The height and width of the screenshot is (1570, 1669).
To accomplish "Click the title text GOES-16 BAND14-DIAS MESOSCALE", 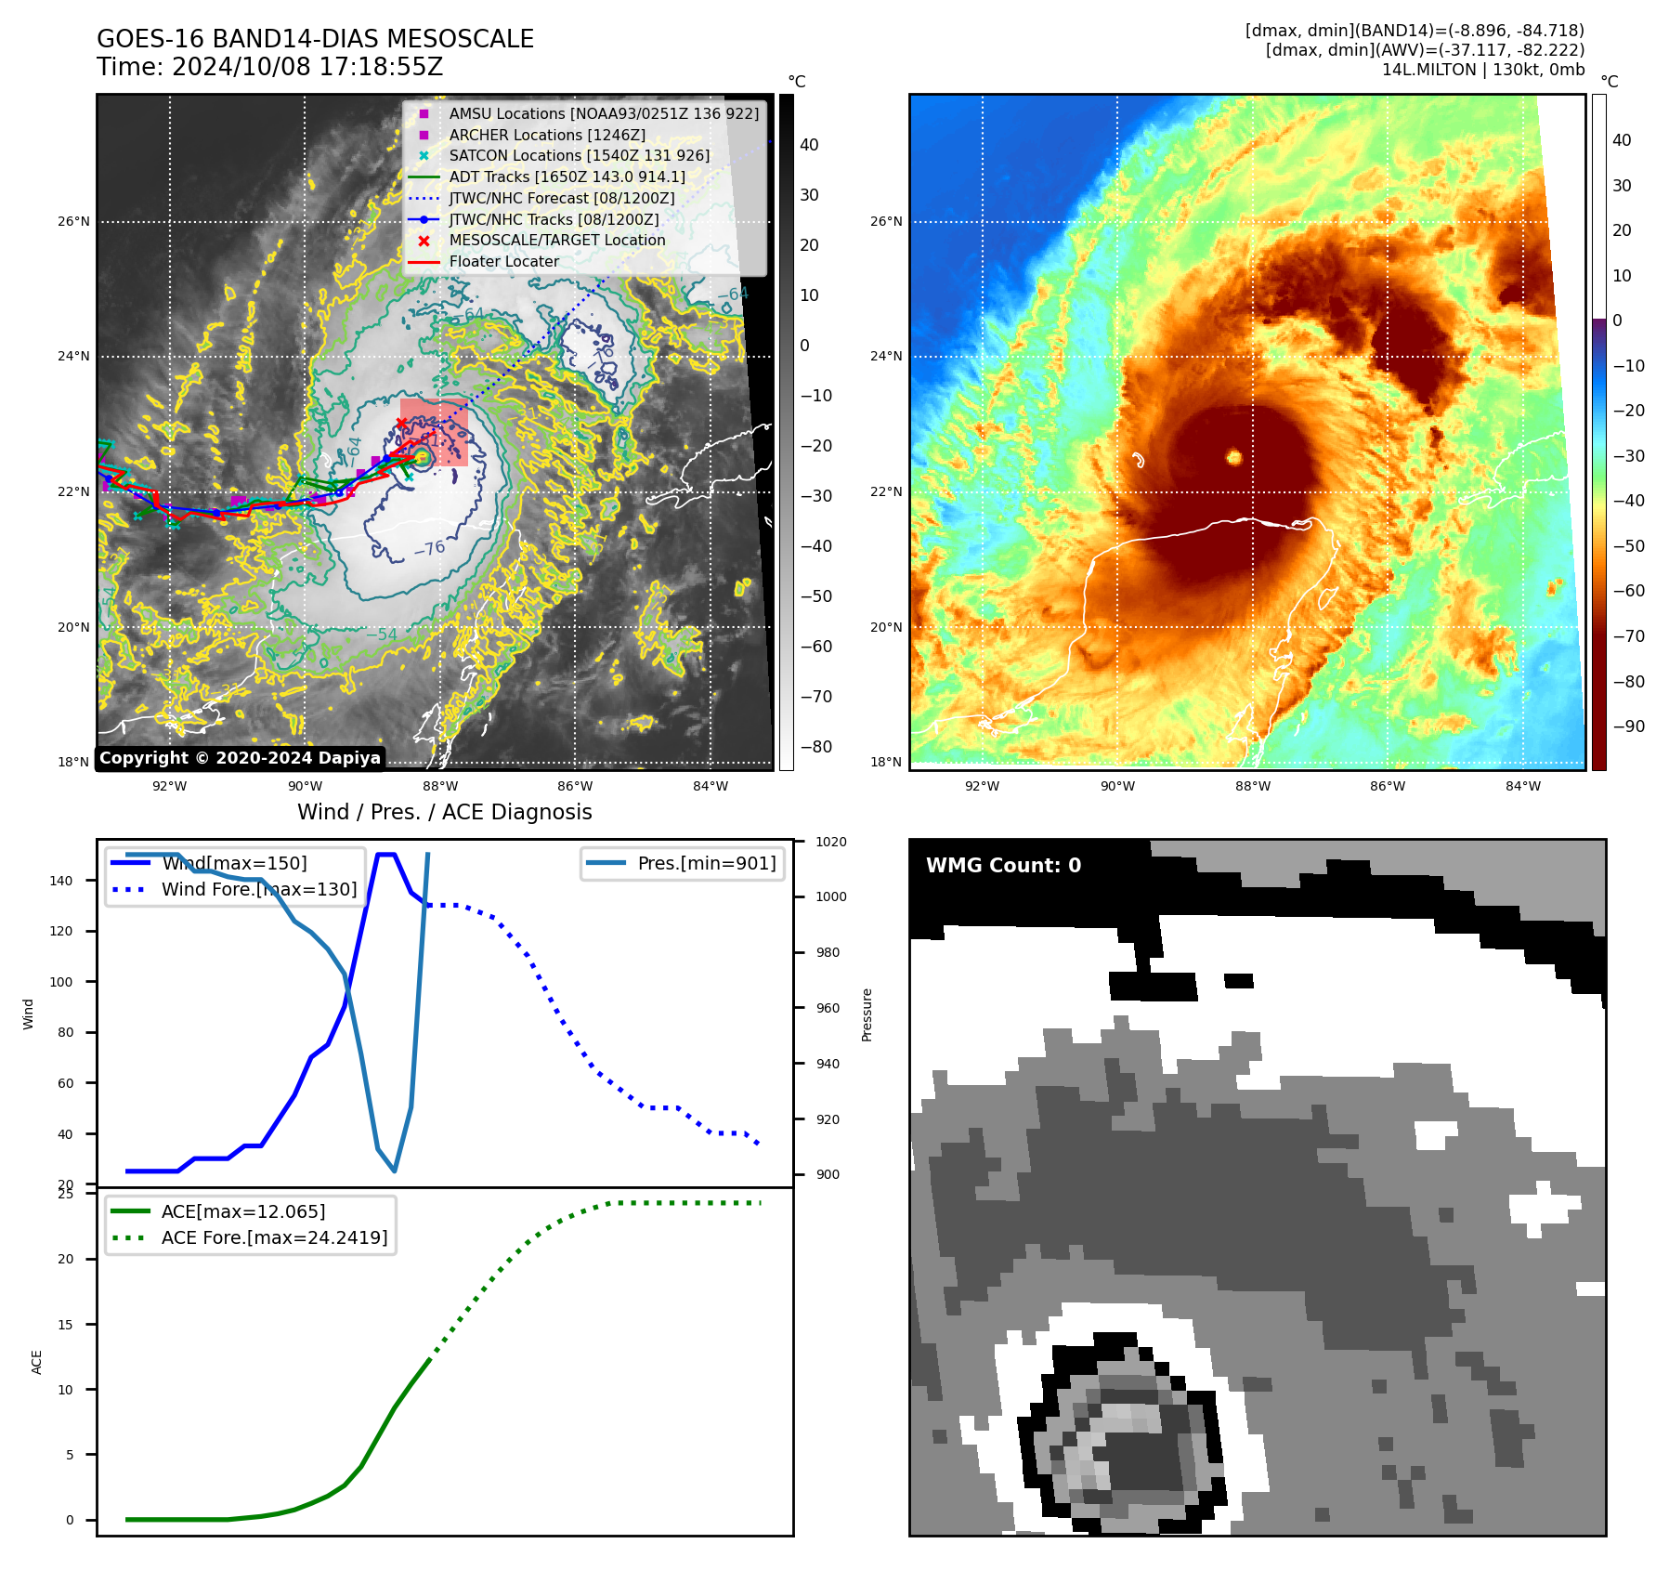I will (315, 39).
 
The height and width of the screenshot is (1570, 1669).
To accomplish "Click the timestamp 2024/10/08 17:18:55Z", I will (307, 68).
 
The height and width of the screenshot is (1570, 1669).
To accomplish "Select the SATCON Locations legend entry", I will (579, 156).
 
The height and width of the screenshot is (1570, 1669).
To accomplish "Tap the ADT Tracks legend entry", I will (567, 177).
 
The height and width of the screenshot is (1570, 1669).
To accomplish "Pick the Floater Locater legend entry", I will (503, 262).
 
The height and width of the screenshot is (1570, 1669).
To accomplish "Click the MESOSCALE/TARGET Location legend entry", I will (556, 241).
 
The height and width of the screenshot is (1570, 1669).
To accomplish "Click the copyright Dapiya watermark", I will (240, 758).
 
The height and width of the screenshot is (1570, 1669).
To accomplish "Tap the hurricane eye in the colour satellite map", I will (1234, 456).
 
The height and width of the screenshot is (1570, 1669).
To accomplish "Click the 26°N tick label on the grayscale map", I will (74, 222).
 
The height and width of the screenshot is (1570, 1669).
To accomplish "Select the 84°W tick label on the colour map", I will (1522, 786).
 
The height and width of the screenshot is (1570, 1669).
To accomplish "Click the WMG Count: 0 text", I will (1003, 866).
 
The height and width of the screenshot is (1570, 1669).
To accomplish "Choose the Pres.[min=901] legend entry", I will (706, 863).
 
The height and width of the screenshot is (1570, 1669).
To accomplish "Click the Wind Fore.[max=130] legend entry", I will (259, 889).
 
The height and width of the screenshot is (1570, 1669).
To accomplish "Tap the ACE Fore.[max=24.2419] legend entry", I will (274, 1237).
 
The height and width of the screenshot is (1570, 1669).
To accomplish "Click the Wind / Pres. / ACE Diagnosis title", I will (444, 812).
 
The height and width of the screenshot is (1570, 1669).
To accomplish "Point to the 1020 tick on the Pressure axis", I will (830, 842).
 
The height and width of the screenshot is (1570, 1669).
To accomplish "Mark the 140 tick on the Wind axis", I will (61, 881).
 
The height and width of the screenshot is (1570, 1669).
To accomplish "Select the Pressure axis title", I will (867, 1014).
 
